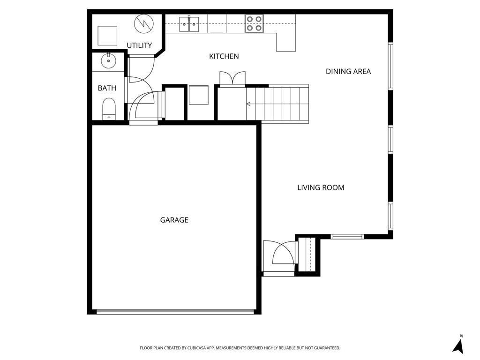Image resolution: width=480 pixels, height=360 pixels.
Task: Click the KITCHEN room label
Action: [224, 56]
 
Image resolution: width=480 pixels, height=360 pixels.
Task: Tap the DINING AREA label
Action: [348, 71]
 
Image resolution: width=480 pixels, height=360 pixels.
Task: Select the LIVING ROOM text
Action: [321, 187]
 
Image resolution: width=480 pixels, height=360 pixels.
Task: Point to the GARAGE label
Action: [174, 220]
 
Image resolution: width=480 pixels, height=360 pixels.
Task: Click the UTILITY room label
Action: [139, 45]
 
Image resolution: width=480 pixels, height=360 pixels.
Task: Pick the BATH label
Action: [107, 88]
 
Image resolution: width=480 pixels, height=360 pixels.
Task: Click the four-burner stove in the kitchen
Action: [254, 23]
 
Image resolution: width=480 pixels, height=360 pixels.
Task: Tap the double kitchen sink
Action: [189, 23]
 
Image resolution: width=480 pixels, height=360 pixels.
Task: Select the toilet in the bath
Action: [108, 109]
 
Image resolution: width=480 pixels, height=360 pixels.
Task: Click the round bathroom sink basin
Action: [108, 60]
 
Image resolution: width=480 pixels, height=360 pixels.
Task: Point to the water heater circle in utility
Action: [143, 23]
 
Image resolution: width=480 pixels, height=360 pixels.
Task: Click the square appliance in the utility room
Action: [107, 35]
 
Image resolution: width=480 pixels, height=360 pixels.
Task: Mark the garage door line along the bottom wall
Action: [175, 311]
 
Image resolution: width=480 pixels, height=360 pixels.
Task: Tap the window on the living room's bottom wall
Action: [347, 237]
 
